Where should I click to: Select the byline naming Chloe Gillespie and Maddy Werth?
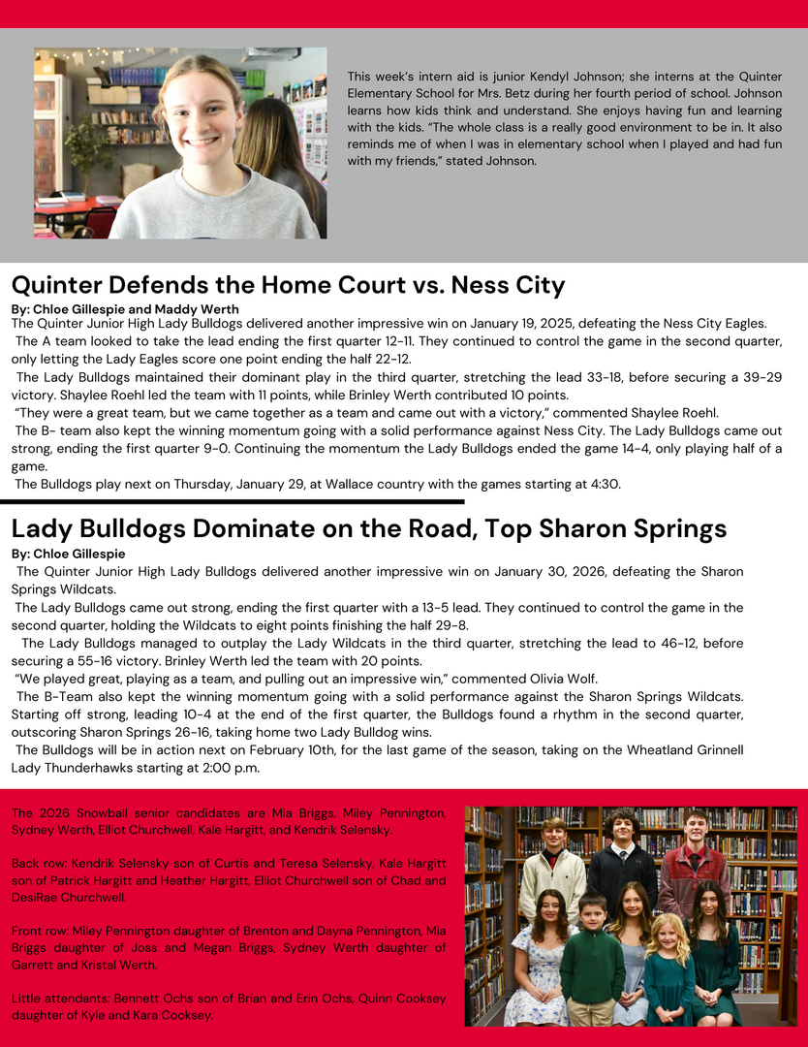[125, 309]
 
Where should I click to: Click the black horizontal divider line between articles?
[233, 501]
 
